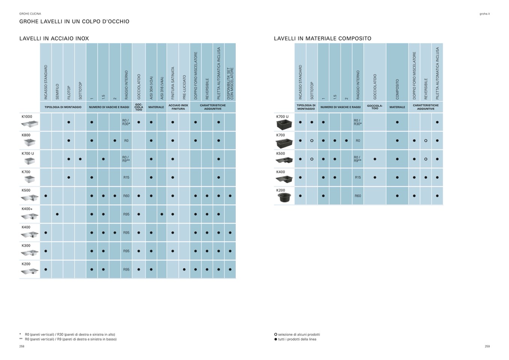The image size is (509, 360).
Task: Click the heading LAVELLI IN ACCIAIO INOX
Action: (x=54, y=38)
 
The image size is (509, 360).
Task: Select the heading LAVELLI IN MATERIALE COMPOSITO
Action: (x=322, y=38)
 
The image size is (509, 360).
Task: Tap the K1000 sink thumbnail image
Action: (x=30, y=124)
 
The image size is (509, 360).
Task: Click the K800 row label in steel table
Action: (x=26, y=135)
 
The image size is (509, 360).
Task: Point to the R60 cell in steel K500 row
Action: (x=126, y=196)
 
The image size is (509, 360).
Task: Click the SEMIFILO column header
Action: (x=57, y=91)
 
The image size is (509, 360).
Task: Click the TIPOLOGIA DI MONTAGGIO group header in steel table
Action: (x=63, y=107)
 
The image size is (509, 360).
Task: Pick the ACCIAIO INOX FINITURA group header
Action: (x=178, y=107)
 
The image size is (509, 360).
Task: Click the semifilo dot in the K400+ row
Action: (x=57, y=214)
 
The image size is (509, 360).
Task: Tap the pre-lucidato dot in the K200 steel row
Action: (x=184, y=270)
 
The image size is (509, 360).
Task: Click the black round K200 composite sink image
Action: (x=284, y=197)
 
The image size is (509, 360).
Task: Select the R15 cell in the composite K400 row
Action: (x=358, y=178)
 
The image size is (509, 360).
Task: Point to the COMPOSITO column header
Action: (x=397, y=89)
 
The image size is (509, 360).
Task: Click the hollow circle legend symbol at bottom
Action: (x=276, y=334)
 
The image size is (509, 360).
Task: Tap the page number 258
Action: (x=22, y=346)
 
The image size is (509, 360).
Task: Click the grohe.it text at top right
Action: (x=485, y=14)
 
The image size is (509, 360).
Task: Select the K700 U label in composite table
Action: (x=282, y=117)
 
